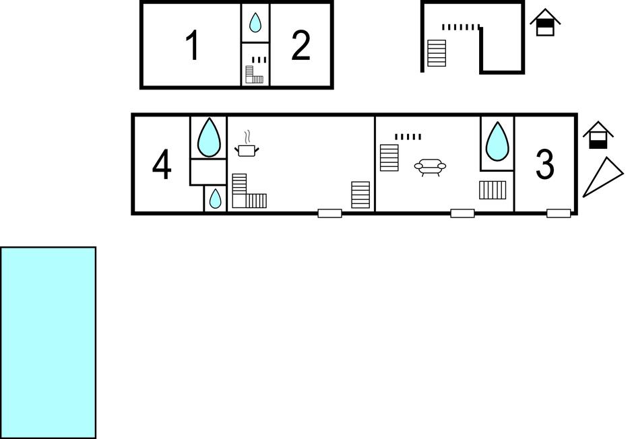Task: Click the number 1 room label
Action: (x=193, y=45)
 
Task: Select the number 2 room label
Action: (x=301, y=45)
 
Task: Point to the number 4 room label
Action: (x=162, y=165)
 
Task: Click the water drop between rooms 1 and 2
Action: (x=255, y=22)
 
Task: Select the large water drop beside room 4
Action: (x=209, y=138)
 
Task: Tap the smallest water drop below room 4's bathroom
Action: (x=216, y=199)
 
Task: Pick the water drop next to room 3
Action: (x=497, y=142)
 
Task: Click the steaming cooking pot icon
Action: (x=247, y=144)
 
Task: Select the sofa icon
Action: (x=430, y=167)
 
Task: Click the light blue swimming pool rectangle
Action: (x=49, y=343)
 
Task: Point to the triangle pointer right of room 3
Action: (x=602, y=178)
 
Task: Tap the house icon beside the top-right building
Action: (x=545, y=22)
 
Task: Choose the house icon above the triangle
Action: (x=598, y=135)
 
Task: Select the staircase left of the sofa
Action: (x=389, y=158)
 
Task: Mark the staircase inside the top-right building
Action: (x=437, y=53)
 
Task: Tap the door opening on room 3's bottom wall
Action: (x=559, y=213)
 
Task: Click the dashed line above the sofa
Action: (x=408, y=137)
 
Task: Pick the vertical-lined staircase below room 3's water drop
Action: (x=493, y=190)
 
